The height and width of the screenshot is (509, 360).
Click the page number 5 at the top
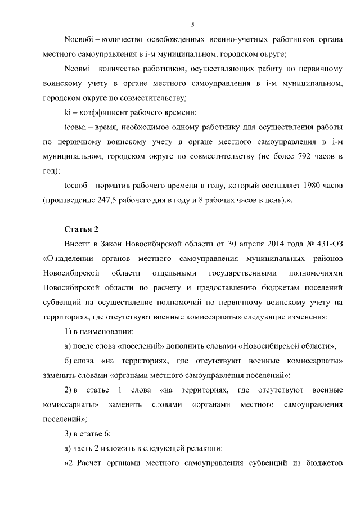tap(192, 25)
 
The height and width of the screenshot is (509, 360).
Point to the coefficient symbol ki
tap(68, 112)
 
